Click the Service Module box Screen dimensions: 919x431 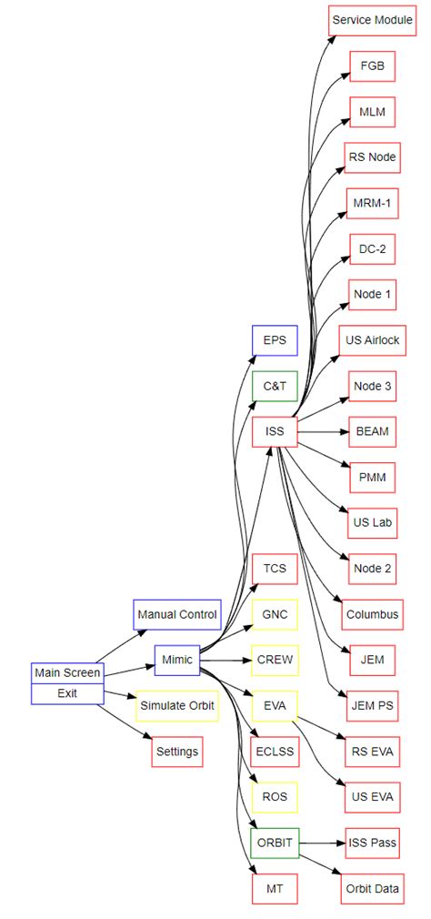(x=372, y=19)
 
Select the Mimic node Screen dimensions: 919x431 (x=177, y=660)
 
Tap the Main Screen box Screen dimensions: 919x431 (x=67, y=672)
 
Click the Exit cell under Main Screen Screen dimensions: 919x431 (x=67, y=692)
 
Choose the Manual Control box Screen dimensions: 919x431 (x=177, y=614)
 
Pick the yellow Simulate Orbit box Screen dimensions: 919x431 (x=177, y=706)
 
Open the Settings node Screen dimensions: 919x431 (x=177, y=752)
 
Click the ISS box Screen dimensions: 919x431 (x=275, y=431)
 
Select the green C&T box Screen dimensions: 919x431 (x=275, y=386)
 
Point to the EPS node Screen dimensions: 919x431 (x=275, y=340)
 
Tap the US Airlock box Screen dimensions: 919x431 (x=372, y=340)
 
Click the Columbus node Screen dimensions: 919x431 (x=372, y=614)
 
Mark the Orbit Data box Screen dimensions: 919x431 (x=372, y=888)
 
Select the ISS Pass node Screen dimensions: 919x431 (x=372, y=843)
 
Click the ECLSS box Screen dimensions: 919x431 (x=275, y=752)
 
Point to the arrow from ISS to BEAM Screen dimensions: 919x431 (x=323, y=431)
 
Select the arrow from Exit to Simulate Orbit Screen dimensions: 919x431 (x=119, y=700)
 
